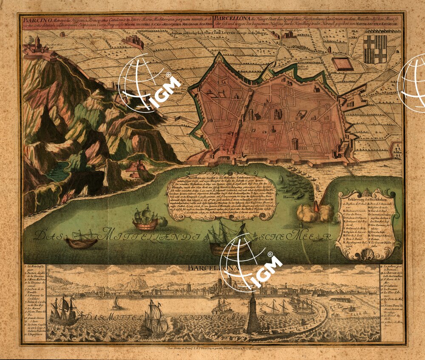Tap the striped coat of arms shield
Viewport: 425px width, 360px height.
(x=377, y=49)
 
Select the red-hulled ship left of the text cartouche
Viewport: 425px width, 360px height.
(x=145, y=219)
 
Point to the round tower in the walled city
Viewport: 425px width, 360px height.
(x=295, y=143)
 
